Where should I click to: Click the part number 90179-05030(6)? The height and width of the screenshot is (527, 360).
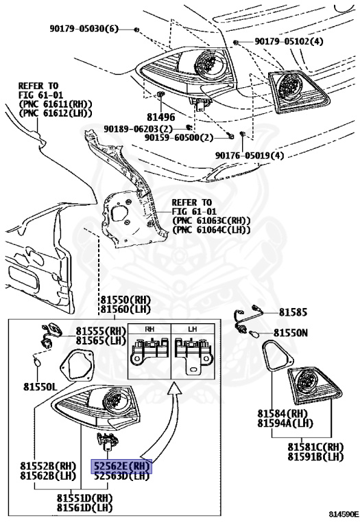[84, 29]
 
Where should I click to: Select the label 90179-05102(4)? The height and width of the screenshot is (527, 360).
[289, 42]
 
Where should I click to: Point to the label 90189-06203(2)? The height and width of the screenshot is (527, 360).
[140, 128]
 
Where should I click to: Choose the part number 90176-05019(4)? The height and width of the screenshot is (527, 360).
[249, 155]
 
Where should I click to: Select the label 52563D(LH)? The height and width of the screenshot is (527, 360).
[121, 476]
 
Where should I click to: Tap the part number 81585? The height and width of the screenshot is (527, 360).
[293, 312]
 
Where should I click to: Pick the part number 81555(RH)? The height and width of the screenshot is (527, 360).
[101, 330]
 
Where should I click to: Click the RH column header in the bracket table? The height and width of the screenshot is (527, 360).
[149, 329]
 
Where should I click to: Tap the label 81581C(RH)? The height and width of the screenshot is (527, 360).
[315, 447]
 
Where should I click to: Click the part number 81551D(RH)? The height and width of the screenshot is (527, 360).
[84, 497]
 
